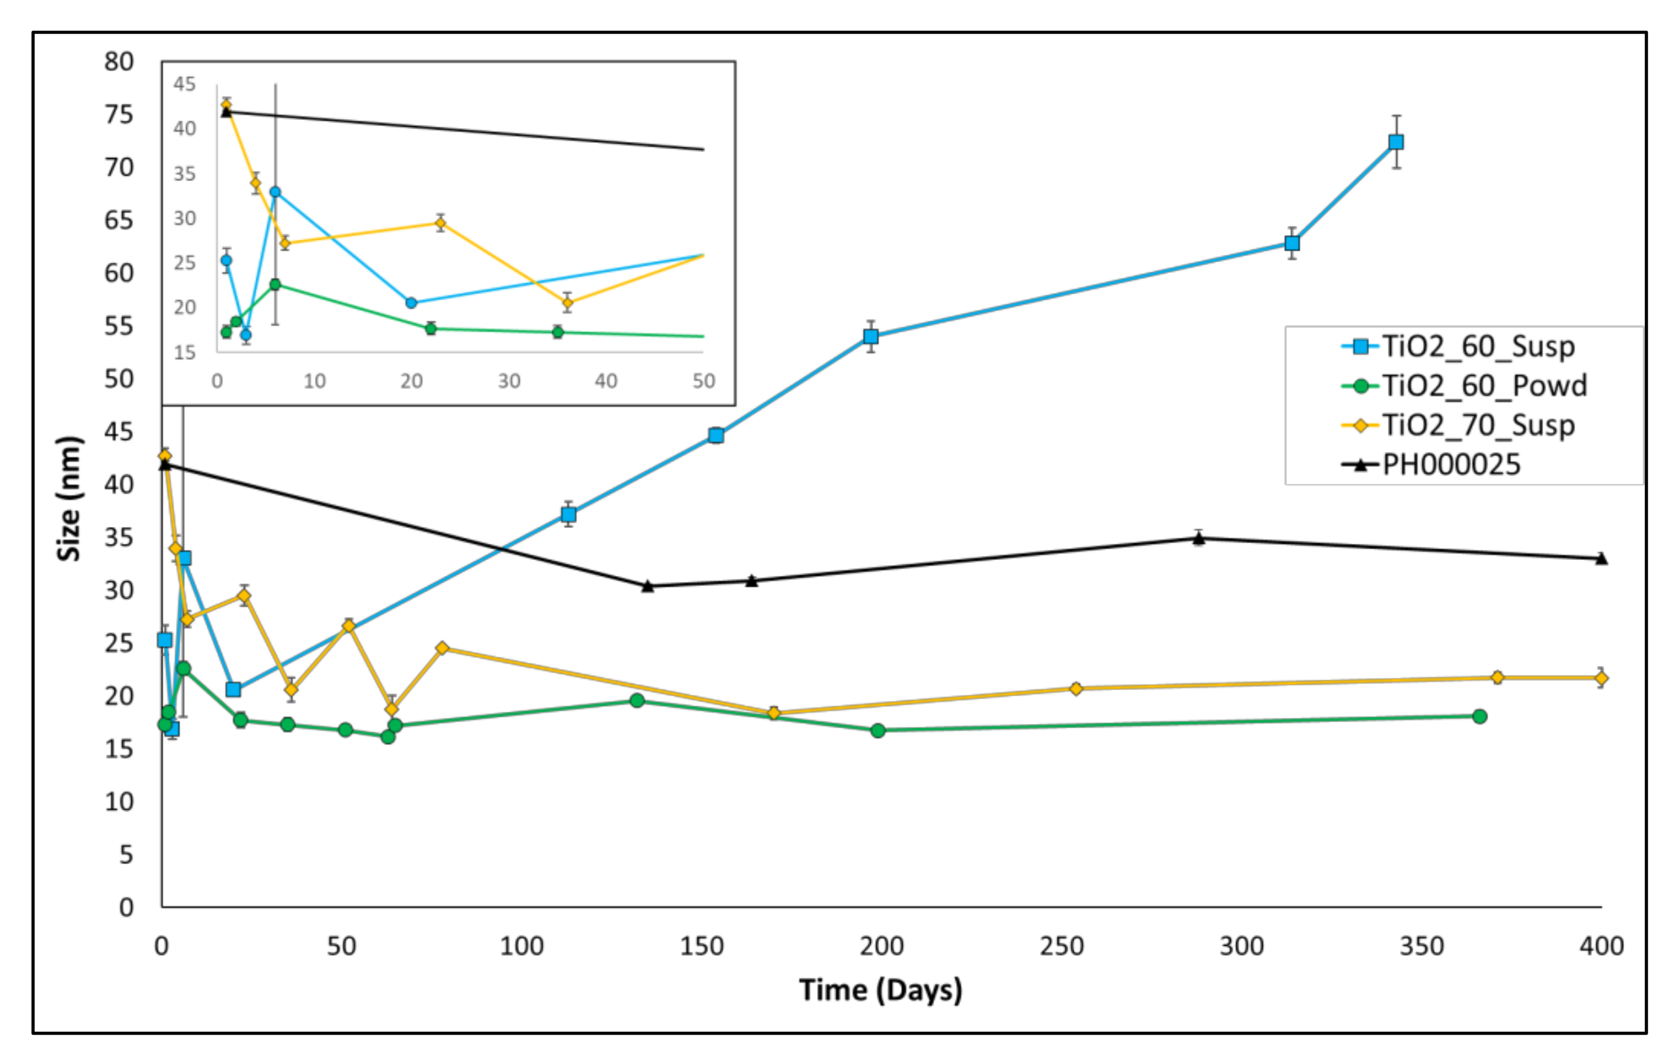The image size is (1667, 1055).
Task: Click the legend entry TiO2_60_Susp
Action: point(1478,346)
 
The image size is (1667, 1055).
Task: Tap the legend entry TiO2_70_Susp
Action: point(1478,425)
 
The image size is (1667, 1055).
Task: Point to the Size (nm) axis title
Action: point(69,499)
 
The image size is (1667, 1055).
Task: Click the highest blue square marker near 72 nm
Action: point(1396,142)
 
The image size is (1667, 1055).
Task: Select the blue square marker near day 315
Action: point(1292,244)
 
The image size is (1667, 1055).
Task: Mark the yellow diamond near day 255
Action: point(1076,689)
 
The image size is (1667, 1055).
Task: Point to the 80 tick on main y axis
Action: point(118,62)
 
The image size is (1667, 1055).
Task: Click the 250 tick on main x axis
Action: point(1061,946)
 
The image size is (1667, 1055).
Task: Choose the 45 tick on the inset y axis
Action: point(184,84)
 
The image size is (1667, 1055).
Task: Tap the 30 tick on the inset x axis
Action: point(509,380)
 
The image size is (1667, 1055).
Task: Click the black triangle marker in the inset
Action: point(226,111)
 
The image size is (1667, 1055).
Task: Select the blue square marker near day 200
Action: point(871,336)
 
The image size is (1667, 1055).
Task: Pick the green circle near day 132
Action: point(637,700)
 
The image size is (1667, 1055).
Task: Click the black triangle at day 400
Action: point(1601,559)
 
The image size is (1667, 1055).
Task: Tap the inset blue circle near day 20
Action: point(411,303)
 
